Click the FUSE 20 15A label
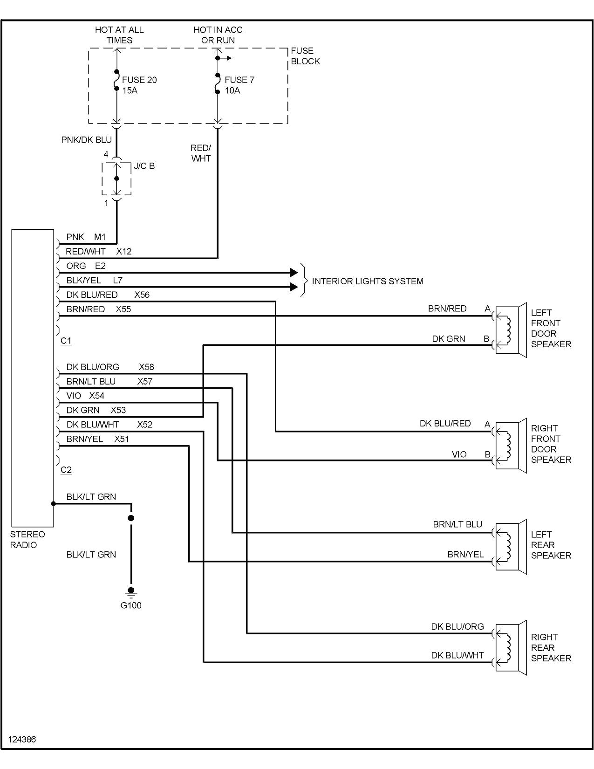[139, 85]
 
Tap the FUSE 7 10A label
[239, 85]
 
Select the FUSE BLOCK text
[305, 56]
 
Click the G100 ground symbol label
[131, 605]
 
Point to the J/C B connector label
[144, 166]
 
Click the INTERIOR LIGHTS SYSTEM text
[367, 281]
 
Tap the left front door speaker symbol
[510, 330]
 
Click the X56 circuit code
[142, 295]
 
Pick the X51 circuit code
[122, 439]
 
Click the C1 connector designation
[66, 341]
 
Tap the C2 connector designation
[66, 470]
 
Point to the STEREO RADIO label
[27, 540]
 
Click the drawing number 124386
[22, 739]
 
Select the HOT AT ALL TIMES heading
[119, 35]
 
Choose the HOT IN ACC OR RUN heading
[218, 35]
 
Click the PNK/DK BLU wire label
[87, 140]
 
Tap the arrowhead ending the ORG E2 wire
[294, 273]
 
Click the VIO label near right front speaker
[459, 454]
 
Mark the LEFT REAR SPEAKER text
[551, 545]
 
